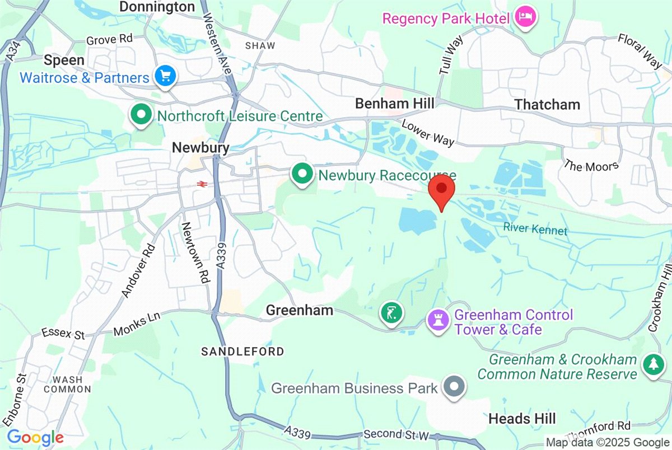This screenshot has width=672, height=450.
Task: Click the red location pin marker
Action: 442,190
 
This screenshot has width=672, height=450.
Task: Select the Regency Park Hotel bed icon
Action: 525,16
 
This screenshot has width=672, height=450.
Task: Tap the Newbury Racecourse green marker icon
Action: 302,175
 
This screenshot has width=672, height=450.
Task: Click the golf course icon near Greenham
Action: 391,312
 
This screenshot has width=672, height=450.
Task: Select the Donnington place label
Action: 157,7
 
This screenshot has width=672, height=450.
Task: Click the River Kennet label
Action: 535,229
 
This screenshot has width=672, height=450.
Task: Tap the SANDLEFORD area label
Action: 242,351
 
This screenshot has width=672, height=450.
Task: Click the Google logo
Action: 35,437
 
